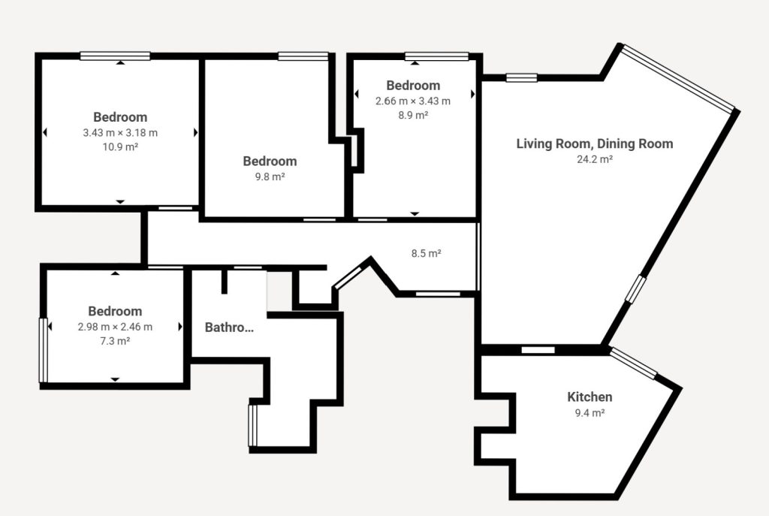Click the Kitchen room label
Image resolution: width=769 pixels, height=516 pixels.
(x=590, y=397)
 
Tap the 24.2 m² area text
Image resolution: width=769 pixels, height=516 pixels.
(x=595, y=159)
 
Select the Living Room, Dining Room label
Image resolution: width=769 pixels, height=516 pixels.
(x=595, y=143)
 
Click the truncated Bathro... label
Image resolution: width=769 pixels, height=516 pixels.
(x=229, y=327)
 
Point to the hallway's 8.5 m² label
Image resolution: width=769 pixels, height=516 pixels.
(x=427, y=253)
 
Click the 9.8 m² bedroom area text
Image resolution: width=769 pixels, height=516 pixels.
(x=270, y=177)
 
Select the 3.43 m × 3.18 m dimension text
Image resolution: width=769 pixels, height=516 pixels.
(x=120, y=132)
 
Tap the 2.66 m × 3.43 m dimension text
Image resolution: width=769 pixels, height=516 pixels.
(x=413, y=101)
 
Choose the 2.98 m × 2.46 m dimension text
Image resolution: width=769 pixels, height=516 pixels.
(x=115, y=327)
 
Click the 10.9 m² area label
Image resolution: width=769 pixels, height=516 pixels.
(x=120, y=146)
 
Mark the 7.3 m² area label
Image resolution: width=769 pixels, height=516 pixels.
(x=115, y=341)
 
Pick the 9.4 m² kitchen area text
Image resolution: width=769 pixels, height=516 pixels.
(x=590, y=412)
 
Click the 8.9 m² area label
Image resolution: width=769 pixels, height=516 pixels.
(x=413, y=115)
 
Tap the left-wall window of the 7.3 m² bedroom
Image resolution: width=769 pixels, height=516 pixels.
(x=43, y=350)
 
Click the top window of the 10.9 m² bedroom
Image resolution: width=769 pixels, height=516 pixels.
(x=115, y=56)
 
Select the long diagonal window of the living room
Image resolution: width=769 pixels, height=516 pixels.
(x=678, y=78)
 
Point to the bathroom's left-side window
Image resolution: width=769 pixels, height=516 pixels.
(x=252, y=425)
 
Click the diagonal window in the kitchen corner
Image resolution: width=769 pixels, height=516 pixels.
(x=634, y=363)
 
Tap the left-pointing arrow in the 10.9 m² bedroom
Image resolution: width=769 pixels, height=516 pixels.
(x=45, y=132)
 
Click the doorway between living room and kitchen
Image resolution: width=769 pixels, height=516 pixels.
(x=538, y=350)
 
